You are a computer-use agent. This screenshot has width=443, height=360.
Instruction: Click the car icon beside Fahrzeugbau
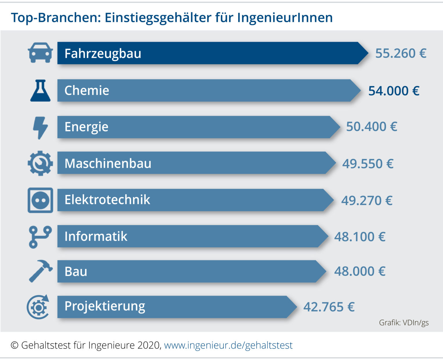coord(40,53)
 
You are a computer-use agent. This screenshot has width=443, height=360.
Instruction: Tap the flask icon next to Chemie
coord(40,91)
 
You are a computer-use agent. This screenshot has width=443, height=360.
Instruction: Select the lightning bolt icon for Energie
coord(40,127)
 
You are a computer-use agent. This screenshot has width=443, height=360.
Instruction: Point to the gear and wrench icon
coord(40,163)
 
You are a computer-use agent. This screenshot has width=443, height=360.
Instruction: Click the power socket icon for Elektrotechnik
coord(40,200)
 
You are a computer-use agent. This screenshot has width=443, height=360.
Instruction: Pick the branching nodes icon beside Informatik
coord(40,237)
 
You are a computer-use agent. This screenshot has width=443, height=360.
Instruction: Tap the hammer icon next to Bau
coord(41,271)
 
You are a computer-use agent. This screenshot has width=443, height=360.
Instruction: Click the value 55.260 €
coord(401,53)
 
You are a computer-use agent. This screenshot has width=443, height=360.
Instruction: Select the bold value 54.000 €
coord(394,91)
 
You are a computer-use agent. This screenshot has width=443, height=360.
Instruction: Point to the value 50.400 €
coord(371,127)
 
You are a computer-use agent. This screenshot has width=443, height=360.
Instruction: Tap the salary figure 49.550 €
coord(368,164)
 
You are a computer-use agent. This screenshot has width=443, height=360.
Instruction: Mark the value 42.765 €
coord(329,307)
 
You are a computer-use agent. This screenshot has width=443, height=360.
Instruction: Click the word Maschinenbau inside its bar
coord(108,163)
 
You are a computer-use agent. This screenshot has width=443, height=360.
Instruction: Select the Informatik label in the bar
coord(96,236)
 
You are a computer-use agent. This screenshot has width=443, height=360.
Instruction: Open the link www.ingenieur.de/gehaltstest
coord(228,345)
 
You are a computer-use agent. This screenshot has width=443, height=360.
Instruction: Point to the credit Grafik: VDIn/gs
coord(404,322)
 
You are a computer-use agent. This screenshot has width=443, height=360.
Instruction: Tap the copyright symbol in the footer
coord(14,345)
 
